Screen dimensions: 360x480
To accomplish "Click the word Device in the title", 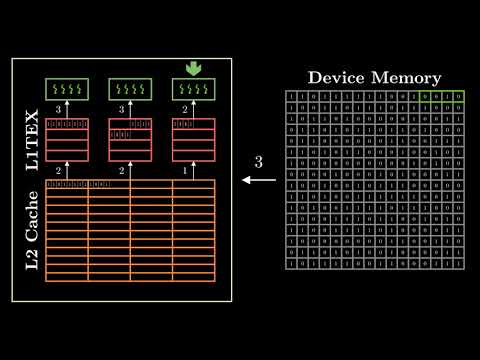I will click(x=338, y=77).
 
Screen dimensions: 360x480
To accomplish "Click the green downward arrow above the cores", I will click(x=193, y=69).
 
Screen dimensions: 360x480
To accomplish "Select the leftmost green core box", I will click(x=67, y=89).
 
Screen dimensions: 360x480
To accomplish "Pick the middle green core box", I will click(x=130, y=89).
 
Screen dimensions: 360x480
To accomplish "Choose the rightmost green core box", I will click(x=193, y=89).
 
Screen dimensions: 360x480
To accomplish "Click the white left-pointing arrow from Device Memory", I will click(x=259, y=181).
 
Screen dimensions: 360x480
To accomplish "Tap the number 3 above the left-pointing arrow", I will click(x=259, y=161).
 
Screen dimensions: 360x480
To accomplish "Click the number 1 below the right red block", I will click(x=185, y=171).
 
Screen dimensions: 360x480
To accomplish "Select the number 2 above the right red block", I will click(x=185, y=109).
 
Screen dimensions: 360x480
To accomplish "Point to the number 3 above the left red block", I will click(x=59, y=109).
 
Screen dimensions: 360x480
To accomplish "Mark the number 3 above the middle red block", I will click(x=122, y=109).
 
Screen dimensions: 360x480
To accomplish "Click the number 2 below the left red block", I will click(x=59, y=171).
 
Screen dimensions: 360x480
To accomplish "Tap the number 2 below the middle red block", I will click(x=122, y=171).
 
